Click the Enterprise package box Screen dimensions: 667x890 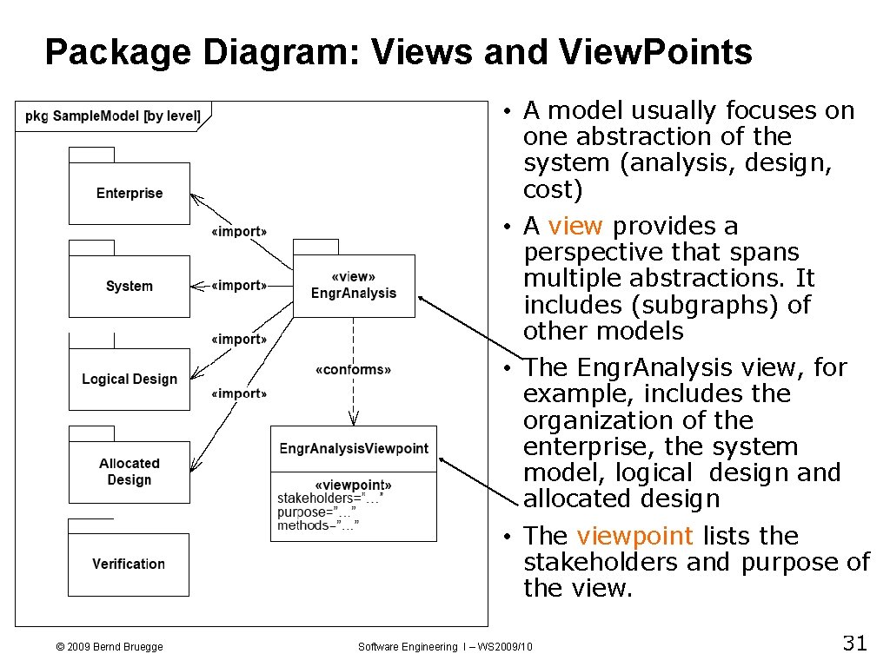pyautogui.click(x=129, y=193)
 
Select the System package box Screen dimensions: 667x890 pyautogui.click(x=129, y=286)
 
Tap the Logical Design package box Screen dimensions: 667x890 pyautogui.click(x=129, y=379)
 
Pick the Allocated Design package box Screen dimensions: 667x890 pyautogui.click(x=129, y=472)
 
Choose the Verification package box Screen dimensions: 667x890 pyautogui.click(x=129, y=564)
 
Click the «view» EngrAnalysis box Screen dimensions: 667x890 pyautogui.click(x=354, y=286)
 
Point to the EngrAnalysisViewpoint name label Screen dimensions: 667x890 pyautogui.click(x=354, y=448)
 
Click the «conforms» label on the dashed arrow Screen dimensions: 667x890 pyautogui.click(x=353, y=370)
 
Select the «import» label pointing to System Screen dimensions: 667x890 pyautogui.click(x=239, y=285)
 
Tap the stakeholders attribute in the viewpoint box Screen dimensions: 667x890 pyautogui.click(x=329, y=499)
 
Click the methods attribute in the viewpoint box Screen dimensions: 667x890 pyautogui.click(x=317, y=525)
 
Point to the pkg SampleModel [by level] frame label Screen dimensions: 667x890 pyautogui.click(x=113, y=116)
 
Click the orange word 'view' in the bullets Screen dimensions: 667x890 pyautogui.click(x=575, y=226)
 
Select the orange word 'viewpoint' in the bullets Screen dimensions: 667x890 pyautogui.click(x=634, y=536)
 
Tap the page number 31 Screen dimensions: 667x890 pyautogui.click(x=854, y=644)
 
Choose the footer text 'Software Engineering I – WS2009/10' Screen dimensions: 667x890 pyautogui.click(x=446, y=646)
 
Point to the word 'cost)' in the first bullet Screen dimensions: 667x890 pyautogui.click(x=552, y=189)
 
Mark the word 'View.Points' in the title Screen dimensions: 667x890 pyautogui.click(x=656, y=53)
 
